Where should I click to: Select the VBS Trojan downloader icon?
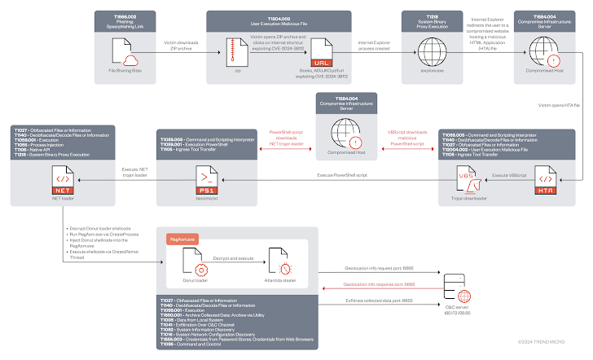(468, 176)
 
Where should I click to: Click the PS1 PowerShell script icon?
(208, 176)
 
